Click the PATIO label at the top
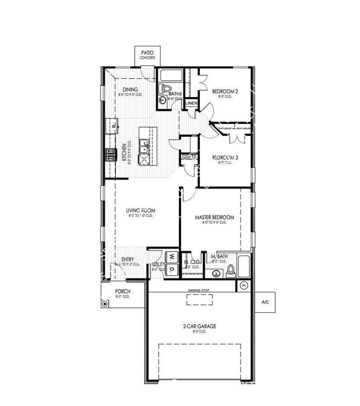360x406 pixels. (147, 53)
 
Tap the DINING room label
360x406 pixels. (130, 90)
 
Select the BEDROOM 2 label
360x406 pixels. (225, 91)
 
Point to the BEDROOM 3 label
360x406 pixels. (225, 157)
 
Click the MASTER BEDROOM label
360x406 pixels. (214, 217)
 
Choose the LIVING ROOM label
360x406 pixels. (141, 210)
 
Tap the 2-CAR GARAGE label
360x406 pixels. (199, 326)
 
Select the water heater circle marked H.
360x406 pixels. (244, 286)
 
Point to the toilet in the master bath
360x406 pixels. (231, 271)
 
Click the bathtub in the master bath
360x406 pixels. (244, 267)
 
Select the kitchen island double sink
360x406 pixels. (144, 146)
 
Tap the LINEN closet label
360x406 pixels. (191, 103)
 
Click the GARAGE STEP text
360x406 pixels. (199, 290)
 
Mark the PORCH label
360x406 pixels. (123, 291)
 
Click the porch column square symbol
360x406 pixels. (105, 304)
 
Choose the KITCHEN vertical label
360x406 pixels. (124, 152)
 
